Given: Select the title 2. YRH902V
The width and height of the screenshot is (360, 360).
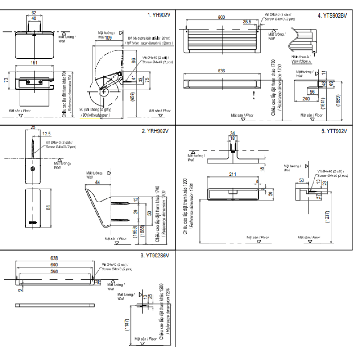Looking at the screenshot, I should [155, 131].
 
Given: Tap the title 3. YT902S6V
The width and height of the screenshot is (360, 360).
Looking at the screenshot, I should [155, 256].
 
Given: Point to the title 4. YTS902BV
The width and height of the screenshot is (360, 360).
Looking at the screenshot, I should [332, 15].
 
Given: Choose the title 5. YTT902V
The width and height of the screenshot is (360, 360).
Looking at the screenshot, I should [334, 131].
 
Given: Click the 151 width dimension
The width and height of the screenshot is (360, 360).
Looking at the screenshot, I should [34, 63].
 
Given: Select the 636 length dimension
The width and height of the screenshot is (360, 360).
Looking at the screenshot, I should [221, 71].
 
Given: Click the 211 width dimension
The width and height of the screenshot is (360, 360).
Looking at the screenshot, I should [233, 174].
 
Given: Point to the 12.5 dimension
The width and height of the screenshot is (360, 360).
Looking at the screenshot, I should [46, 134].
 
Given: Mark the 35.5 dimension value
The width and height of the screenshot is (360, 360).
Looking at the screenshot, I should [247, 22].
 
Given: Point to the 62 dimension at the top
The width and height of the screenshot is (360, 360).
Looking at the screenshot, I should [34, 12].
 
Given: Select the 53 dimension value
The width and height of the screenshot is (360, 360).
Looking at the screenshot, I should [301, 180].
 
